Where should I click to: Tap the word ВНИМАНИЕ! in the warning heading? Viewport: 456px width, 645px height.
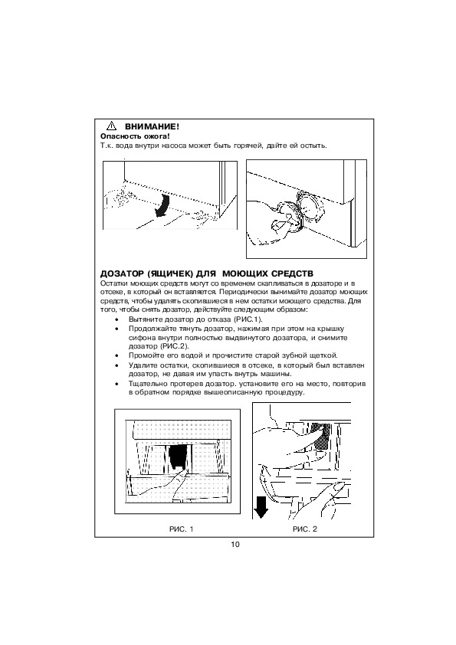pyautogui.click(x=152, y=126)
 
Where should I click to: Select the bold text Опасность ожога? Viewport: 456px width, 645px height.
pyautogui.click(x=135, y=136)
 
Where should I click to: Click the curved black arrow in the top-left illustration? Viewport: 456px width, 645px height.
pyautogui.click(x=162, y=205)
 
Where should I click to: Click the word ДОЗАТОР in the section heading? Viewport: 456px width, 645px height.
pyautogui.click(x=121, y=274)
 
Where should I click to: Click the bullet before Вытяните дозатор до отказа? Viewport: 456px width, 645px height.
pyautogui.click(x=117, y=319)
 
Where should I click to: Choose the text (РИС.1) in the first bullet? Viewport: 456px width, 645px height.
pyautogui.click(x=248, y=319)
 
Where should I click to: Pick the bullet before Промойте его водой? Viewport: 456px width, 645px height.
pyautogui.click(x=117, y=355)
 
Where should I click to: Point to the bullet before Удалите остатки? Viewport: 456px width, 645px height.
pyautogui.click(x=117, y=365)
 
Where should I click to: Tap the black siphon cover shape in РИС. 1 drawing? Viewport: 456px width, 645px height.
pyautogui.click(x=178, y=457)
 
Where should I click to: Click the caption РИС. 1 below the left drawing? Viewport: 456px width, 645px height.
pyautogui.click(x=181, y=529)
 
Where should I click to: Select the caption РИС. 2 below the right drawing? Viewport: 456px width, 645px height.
pyautogui.click(x=305, y=529)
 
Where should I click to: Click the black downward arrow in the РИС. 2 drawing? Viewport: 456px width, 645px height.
pyautogui.click(x=261, y=508)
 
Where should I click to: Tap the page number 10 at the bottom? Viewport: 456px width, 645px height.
pyautogui.click(x=235, y=545)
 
